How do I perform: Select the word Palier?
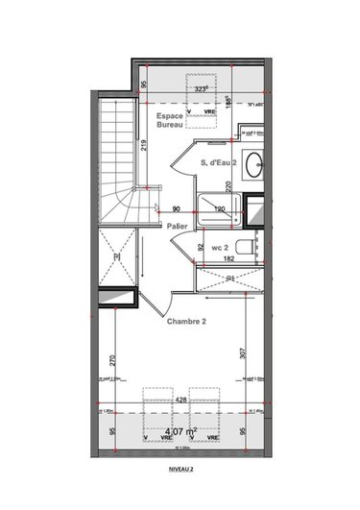coord(177,227)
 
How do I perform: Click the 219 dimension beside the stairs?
coord(141,146)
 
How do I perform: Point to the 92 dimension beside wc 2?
coord(201,247)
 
